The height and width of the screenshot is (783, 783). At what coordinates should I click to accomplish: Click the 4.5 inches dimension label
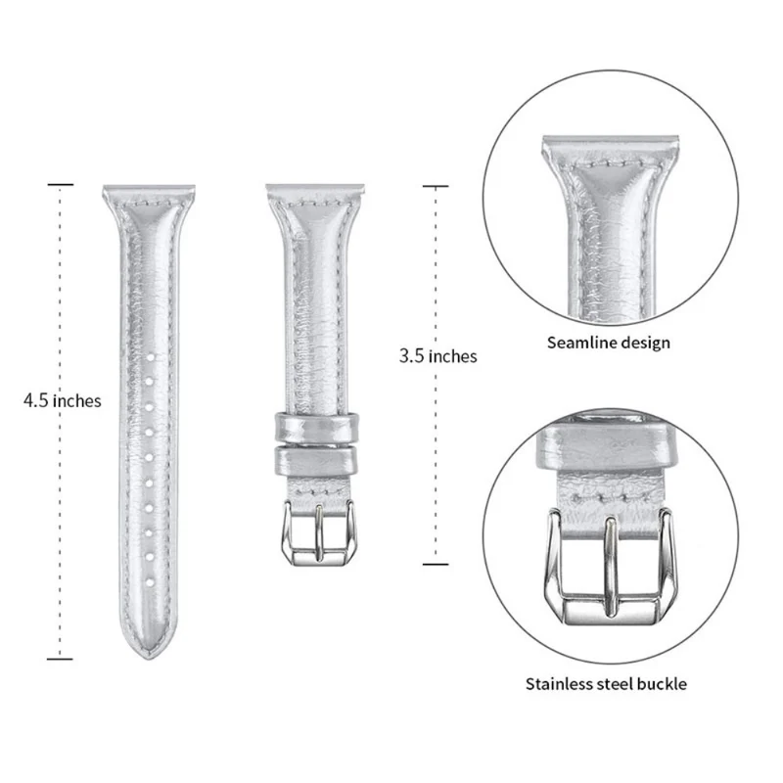(63, 400)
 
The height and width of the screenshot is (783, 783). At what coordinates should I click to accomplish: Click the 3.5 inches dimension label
(438, 356)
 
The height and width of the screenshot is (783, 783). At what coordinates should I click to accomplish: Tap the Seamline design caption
(608, 344)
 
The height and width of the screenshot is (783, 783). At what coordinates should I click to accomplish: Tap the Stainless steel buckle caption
(606, 683)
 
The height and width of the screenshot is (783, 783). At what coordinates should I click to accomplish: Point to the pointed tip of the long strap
(150, 658)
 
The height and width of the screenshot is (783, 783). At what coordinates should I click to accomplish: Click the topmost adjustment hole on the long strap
(150, 357)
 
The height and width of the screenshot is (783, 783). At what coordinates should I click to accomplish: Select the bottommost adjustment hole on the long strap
(150, 582)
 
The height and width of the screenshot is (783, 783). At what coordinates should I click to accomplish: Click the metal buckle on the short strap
(319, 533)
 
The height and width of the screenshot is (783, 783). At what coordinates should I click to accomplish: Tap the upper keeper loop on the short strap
(316, 428)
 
